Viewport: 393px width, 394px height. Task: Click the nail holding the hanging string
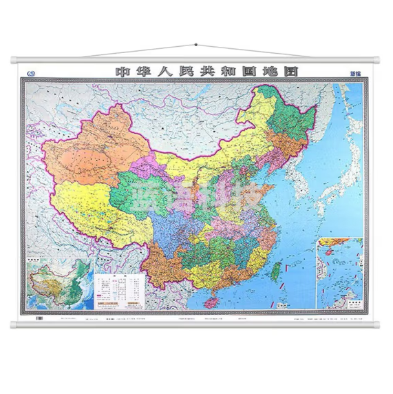196,45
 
